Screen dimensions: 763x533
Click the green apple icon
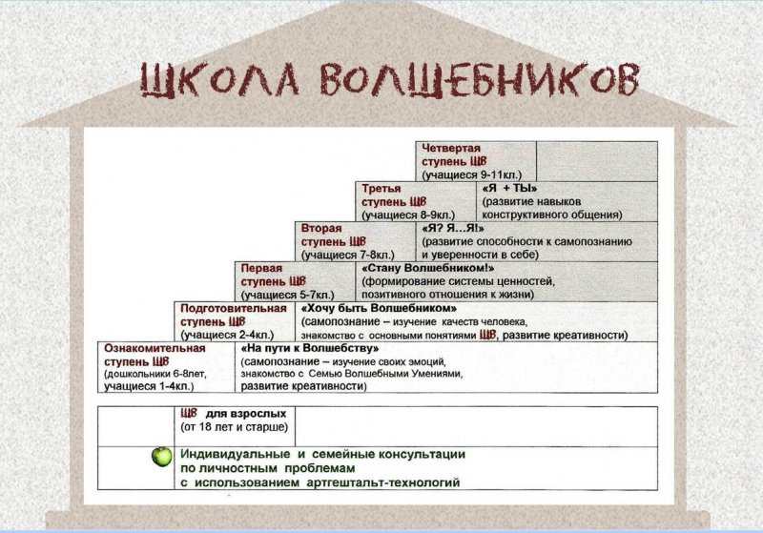click(161, 457)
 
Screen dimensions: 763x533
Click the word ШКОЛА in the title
click(220, 80)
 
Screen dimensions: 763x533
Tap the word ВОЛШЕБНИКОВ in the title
click(480, 79)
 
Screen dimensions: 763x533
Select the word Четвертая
click(451, 149)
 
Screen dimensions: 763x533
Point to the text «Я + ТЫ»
click(509, 188)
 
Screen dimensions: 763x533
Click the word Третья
click(381, 188)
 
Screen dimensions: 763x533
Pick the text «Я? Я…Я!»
click(453, 228)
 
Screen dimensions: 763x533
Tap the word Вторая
click(321, 228)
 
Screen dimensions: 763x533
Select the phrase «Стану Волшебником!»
click(428, 268)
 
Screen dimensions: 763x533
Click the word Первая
click(261, 268)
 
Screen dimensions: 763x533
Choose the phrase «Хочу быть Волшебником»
click(379, 308)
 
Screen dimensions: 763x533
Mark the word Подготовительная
click(234, 308)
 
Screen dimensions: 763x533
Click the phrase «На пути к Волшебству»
click(310, 348)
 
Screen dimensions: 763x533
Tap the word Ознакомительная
click(155, 348)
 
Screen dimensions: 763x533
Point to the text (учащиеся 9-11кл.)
click(471, 175)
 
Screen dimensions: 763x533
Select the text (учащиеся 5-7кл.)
click(288, 295)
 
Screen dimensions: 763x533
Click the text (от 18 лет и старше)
click(234, 427)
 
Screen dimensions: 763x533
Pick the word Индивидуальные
click(236, 454)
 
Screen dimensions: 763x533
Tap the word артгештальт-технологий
click(383, 482)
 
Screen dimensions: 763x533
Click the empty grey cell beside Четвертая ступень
click(597, 161)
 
